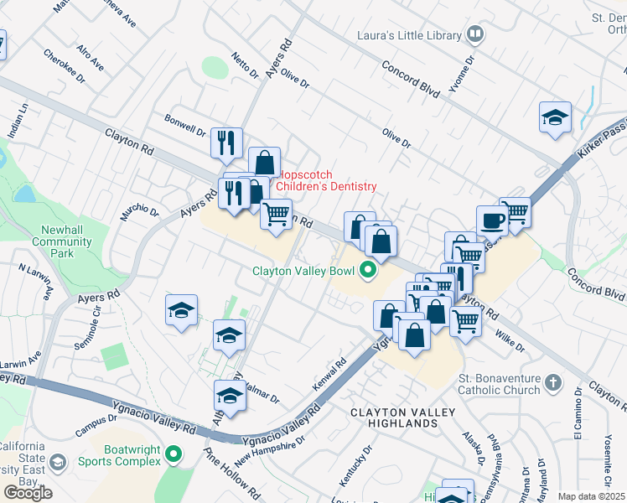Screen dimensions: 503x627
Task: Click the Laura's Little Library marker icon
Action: coord(475,35)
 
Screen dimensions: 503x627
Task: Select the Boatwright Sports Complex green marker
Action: coord(174,455)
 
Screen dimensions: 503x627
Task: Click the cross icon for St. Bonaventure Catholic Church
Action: coord(552,383)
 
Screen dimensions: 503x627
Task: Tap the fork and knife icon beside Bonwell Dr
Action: coord(225,143)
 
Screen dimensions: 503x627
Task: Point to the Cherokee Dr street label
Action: coord(65,65)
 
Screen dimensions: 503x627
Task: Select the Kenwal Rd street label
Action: coord(329,374)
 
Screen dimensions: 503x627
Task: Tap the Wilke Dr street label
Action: coord(510,340)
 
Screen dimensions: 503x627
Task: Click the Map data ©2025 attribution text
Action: coord(591,496)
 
